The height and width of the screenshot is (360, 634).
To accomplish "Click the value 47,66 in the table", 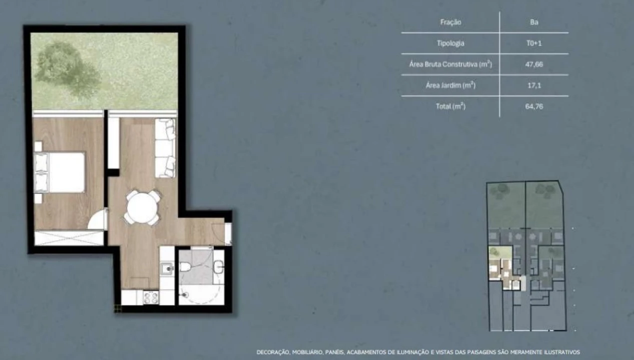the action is coord(534,64).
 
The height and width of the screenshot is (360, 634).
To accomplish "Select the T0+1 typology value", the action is coord(534,43).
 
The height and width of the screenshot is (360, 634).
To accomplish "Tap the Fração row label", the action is coord(450,22).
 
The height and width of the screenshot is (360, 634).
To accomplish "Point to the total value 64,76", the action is coord(534,106).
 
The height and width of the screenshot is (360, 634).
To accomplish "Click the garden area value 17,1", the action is coord(534,85).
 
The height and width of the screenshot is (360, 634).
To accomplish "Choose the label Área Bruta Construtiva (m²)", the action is coord(450,64).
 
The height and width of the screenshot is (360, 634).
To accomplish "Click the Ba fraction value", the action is coord(534,22).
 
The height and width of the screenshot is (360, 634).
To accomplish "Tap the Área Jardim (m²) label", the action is coord(450,85).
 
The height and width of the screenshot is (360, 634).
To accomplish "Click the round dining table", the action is coord(142,208).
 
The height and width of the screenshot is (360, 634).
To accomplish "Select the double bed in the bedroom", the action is coord(60,172).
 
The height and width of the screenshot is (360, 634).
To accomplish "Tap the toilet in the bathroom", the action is coord(185,267).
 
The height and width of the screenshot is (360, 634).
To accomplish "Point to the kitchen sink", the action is coord(167,268).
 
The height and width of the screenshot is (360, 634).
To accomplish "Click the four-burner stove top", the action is coord(151,297).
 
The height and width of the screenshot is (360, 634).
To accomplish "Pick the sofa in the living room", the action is coord(165,148).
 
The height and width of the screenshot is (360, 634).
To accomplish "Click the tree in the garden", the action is coord(68,68).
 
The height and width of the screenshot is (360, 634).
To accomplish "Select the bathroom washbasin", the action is coord(219,267).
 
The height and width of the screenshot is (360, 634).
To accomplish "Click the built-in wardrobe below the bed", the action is coord(69,238).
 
